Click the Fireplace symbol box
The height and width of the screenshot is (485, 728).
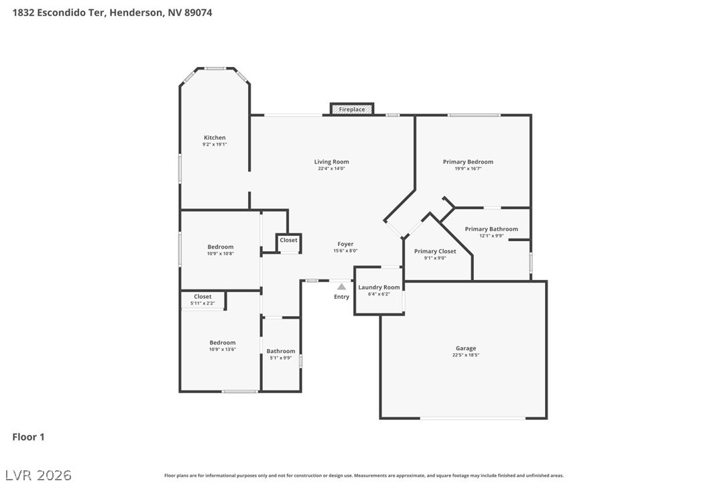click(352, 109)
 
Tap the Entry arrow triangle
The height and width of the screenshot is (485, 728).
click(341, 287)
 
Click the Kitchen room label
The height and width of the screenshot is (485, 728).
click(215, 138)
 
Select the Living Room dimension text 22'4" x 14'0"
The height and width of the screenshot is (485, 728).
click(331, 169)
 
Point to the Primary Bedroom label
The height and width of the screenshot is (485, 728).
click(468, 162)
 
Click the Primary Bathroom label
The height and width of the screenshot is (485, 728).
click(491, 229)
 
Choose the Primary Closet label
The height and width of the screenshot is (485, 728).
click(435, 251)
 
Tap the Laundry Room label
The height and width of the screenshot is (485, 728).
click(379, 287)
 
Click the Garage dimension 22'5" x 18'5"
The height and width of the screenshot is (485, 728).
click(465, 355)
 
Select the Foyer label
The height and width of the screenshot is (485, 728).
click(345, 245)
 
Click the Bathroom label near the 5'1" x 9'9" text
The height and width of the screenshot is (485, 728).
click(281, 351)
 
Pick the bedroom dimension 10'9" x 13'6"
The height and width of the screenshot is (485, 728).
click(222, 349)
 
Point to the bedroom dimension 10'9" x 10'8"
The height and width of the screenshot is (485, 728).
click(221, 254)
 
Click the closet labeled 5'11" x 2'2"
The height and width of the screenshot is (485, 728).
click(202, 303)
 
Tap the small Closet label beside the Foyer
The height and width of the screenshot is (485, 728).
click(289, 240)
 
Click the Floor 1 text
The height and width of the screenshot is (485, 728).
click(28, 437)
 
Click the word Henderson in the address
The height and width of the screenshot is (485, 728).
click(135, 12)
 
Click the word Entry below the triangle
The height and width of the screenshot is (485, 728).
click(342, 297)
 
